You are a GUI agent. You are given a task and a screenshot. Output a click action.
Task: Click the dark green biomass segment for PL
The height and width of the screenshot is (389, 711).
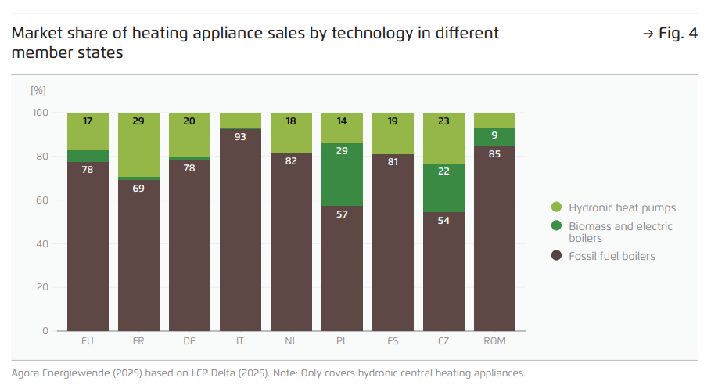tap(342, 175)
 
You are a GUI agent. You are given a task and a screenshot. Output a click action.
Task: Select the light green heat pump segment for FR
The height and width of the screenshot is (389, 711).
tap(138, 145)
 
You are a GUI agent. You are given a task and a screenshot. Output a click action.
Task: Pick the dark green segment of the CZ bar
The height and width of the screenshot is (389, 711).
tap(443, 188)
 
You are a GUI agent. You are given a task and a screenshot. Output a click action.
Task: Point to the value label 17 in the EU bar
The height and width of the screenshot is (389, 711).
tap(88, 121)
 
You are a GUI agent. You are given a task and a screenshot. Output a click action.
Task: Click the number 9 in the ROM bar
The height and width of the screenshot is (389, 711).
tap(494, 135)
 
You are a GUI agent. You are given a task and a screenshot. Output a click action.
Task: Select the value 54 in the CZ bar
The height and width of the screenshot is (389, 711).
tap(443, 221)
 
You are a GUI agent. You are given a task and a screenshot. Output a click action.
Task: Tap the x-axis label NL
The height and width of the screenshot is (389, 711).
tap(291, 341)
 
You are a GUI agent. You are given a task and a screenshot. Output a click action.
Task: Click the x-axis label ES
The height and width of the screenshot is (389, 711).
tap(393, 341)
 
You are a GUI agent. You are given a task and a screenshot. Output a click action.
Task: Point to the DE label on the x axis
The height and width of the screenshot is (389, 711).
tap(189, 341)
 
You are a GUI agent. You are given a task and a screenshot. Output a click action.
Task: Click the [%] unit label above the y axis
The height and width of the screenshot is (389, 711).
tap(38, 90)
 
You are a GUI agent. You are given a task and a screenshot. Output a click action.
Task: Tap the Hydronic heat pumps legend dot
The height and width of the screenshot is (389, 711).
tap(557, 207)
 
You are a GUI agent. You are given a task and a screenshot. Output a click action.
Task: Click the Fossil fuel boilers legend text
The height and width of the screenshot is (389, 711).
tap(612, 256)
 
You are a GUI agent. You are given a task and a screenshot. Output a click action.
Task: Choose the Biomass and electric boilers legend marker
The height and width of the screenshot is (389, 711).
tap(557, 226)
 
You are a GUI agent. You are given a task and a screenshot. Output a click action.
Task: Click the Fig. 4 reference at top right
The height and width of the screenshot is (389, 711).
tap(670, 34)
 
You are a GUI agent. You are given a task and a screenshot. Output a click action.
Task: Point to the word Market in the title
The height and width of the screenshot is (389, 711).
tap(36, 34)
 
